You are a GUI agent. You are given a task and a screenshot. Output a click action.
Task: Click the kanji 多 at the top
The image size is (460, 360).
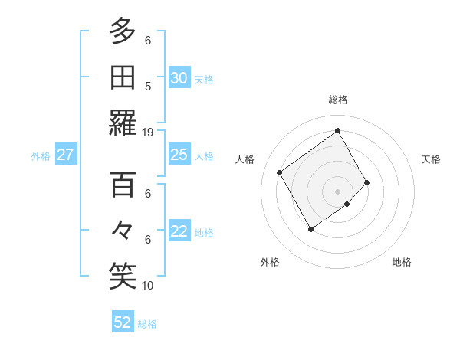click(123, 31)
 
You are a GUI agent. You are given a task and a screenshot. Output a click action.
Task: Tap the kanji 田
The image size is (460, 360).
click(123, 77)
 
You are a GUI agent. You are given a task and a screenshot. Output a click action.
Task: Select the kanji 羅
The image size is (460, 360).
click(123, 123)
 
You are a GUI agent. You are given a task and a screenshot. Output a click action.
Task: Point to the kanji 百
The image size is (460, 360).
click(123, 185)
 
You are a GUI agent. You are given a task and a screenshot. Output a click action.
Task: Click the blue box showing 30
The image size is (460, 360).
click(179, 78)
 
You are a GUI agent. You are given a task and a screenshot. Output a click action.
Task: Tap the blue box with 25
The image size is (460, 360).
click(179, 155)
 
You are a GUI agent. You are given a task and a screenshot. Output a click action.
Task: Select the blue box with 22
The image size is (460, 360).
click(179, 232)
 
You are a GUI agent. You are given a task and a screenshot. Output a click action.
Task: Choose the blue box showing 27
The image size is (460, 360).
click(66, 155)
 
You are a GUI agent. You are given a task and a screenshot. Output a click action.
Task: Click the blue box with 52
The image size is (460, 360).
click(123, 322)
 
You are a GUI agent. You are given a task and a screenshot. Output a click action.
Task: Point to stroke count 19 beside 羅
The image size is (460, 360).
click(148, 132)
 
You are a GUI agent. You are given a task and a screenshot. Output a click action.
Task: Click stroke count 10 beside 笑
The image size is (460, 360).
click(148, 286)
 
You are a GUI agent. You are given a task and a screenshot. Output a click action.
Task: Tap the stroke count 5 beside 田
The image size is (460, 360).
click(148, 86)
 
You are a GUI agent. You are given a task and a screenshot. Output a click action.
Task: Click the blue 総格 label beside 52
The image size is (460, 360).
click(147, 324)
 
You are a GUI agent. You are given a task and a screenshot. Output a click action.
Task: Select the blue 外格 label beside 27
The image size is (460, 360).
click(41, 156)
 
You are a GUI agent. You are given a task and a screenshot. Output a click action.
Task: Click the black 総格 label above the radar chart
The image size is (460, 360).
click(337, 100)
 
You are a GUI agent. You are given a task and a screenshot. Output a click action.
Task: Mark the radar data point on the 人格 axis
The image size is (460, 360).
click(279, 172)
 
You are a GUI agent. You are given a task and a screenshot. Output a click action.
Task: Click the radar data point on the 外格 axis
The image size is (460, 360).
click(310, 229)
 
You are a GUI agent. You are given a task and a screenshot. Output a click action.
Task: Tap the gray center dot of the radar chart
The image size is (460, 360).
click(337, 190)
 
